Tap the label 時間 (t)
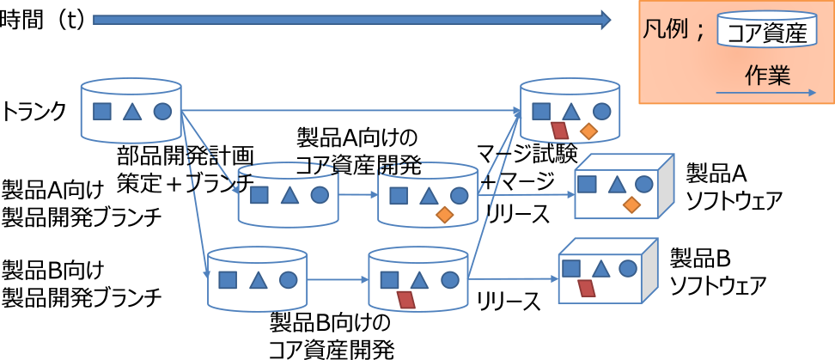click(x=42, y=20)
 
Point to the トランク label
click(x=34, y=111)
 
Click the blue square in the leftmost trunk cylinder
click(x=102, y=111)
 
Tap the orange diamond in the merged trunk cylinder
click(x=588, y=131)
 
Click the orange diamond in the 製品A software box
click(x=631, y=204)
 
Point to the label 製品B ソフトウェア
click(x=717, y=269)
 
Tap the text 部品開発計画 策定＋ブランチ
click(x=186, y=169)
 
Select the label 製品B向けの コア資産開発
click(x=331, y=336)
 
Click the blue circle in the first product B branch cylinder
click(x=288, y=279)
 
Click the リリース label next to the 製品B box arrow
click(x=509, y=302)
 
